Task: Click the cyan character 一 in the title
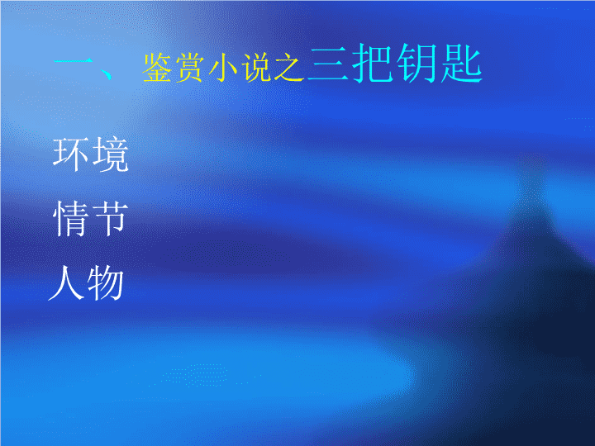click(x=74, y=61)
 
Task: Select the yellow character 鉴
click(x=157, y=68)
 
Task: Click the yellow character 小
click(x=223, y=68)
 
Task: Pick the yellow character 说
click(x=256, y=68)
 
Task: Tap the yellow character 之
click(x=289, y=68)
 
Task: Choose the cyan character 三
click(x=328, y=64)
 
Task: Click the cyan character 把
click(x=372, y=63)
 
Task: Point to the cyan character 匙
click(x=461, y=63)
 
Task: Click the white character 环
click(x=70, y=154)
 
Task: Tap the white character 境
click(x=111, y=154)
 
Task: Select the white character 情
click(x=70, y=218)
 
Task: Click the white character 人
click(x=66, y=282)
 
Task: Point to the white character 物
click(x=106, y=283)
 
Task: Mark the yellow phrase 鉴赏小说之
click(x=223, y=68)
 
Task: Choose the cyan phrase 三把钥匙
click(x=395, y=63)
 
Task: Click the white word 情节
click(x=91, y=218)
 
